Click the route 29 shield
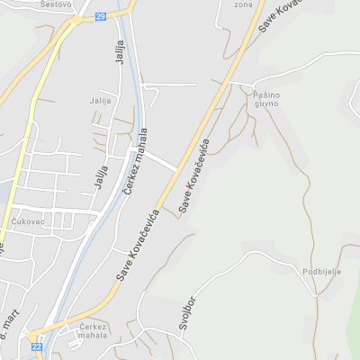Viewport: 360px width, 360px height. click(x=100, y=16)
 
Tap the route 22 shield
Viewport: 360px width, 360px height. click(x=36, y=346)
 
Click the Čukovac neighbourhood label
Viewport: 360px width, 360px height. click(x=28, y=220)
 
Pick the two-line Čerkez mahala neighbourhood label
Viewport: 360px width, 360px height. click(x=93, y=330)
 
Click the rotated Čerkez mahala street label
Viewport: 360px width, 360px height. click(x=140, y=155)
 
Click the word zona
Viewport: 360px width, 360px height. click(x=243, y=4)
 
